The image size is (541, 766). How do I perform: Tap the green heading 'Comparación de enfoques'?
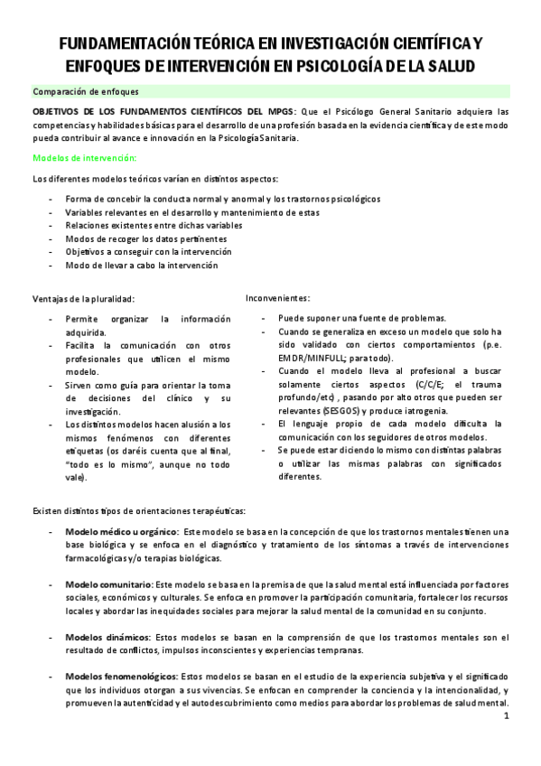pos(85,91)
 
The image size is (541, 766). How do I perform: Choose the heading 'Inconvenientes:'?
pos(278,297)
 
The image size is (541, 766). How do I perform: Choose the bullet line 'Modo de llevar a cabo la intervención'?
pos(141,266)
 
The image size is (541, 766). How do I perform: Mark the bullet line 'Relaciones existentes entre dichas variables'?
pos(154,225)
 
